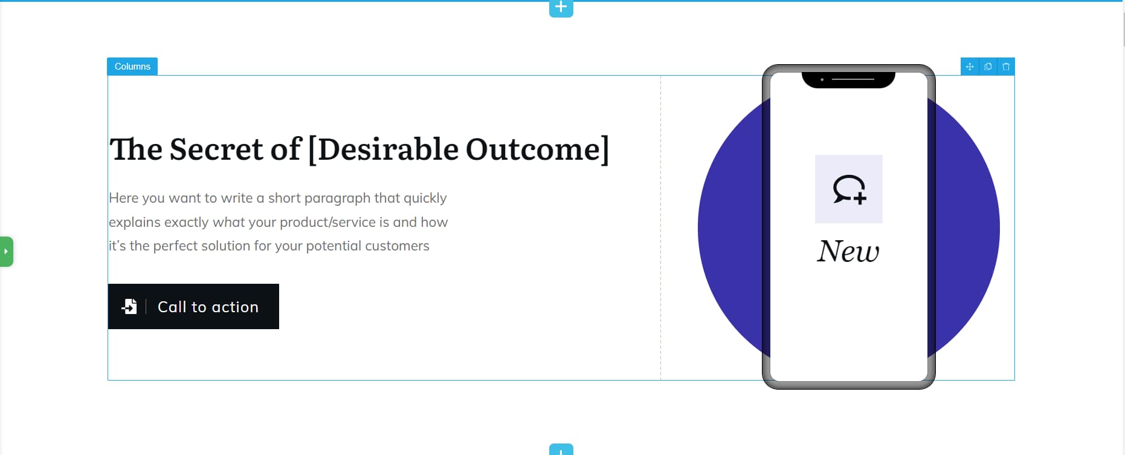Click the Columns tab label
click(x=132, y=67)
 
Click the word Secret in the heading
click(x=216, y=149)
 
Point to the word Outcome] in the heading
click(x=537, y=149)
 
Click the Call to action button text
click(x=208, y=307)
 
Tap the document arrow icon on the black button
click(x=129, y=307)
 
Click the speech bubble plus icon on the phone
click(x=849, y=189)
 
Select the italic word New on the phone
click(x=848, y=252)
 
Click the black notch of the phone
click(x=848, y=80)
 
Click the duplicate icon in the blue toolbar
click(x=988, y=67)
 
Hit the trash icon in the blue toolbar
click(x=1006, y=67)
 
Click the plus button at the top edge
click(x=561, y=8)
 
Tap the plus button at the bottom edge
click(x=561, y=450)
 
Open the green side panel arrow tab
click(x=6, y=251)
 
